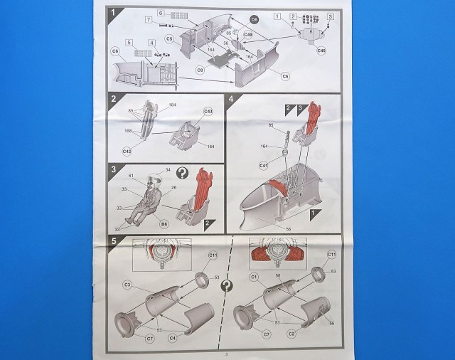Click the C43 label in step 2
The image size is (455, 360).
tap(208, 112)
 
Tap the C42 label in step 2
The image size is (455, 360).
tap(127, 151)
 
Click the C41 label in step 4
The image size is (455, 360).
tap(263, 165)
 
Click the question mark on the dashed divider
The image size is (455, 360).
tap(227, 287)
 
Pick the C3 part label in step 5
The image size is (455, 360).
tap(128, 285)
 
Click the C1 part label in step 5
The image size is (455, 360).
tap(253, 276)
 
